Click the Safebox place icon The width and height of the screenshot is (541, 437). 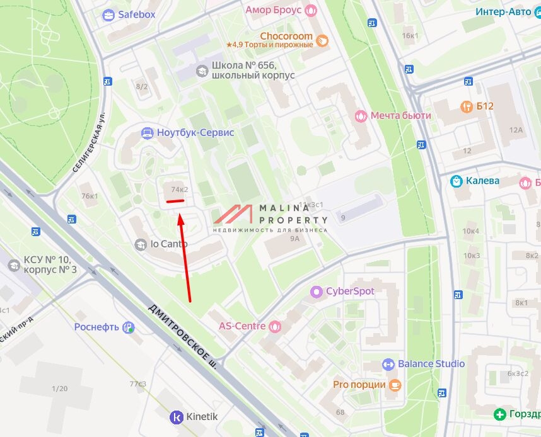pos(108,15)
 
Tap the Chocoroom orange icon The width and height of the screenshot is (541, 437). pos(322,41)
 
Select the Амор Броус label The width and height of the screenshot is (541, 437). pos(273,10)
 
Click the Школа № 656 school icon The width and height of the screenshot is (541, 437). pos(202,70)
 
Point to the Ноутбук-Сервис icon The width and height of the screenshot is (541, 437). pos(147,133)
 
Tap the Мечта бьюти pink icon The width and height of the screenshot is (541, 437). pos(361,116)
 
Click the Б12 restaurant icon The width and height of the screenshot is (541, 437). pos(467,106)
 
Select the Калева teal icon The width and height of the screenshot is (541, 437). pos(456,181)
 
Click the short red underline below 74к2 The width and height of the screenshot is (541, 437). pos(175,201)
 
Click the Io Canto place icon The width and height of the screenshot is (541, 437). pos(141,244)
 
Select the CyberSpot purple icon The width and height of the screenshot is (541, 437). pos(316,292)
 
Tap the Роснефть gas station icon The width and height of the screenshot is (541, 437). pos(129,327)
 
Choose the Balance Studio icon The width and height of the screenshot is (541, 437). pos(388,364)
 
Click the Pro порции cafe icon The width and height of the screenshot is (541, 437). pos(395,384)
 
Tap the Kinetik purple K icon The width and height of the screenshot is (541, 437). pos(176,416)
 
